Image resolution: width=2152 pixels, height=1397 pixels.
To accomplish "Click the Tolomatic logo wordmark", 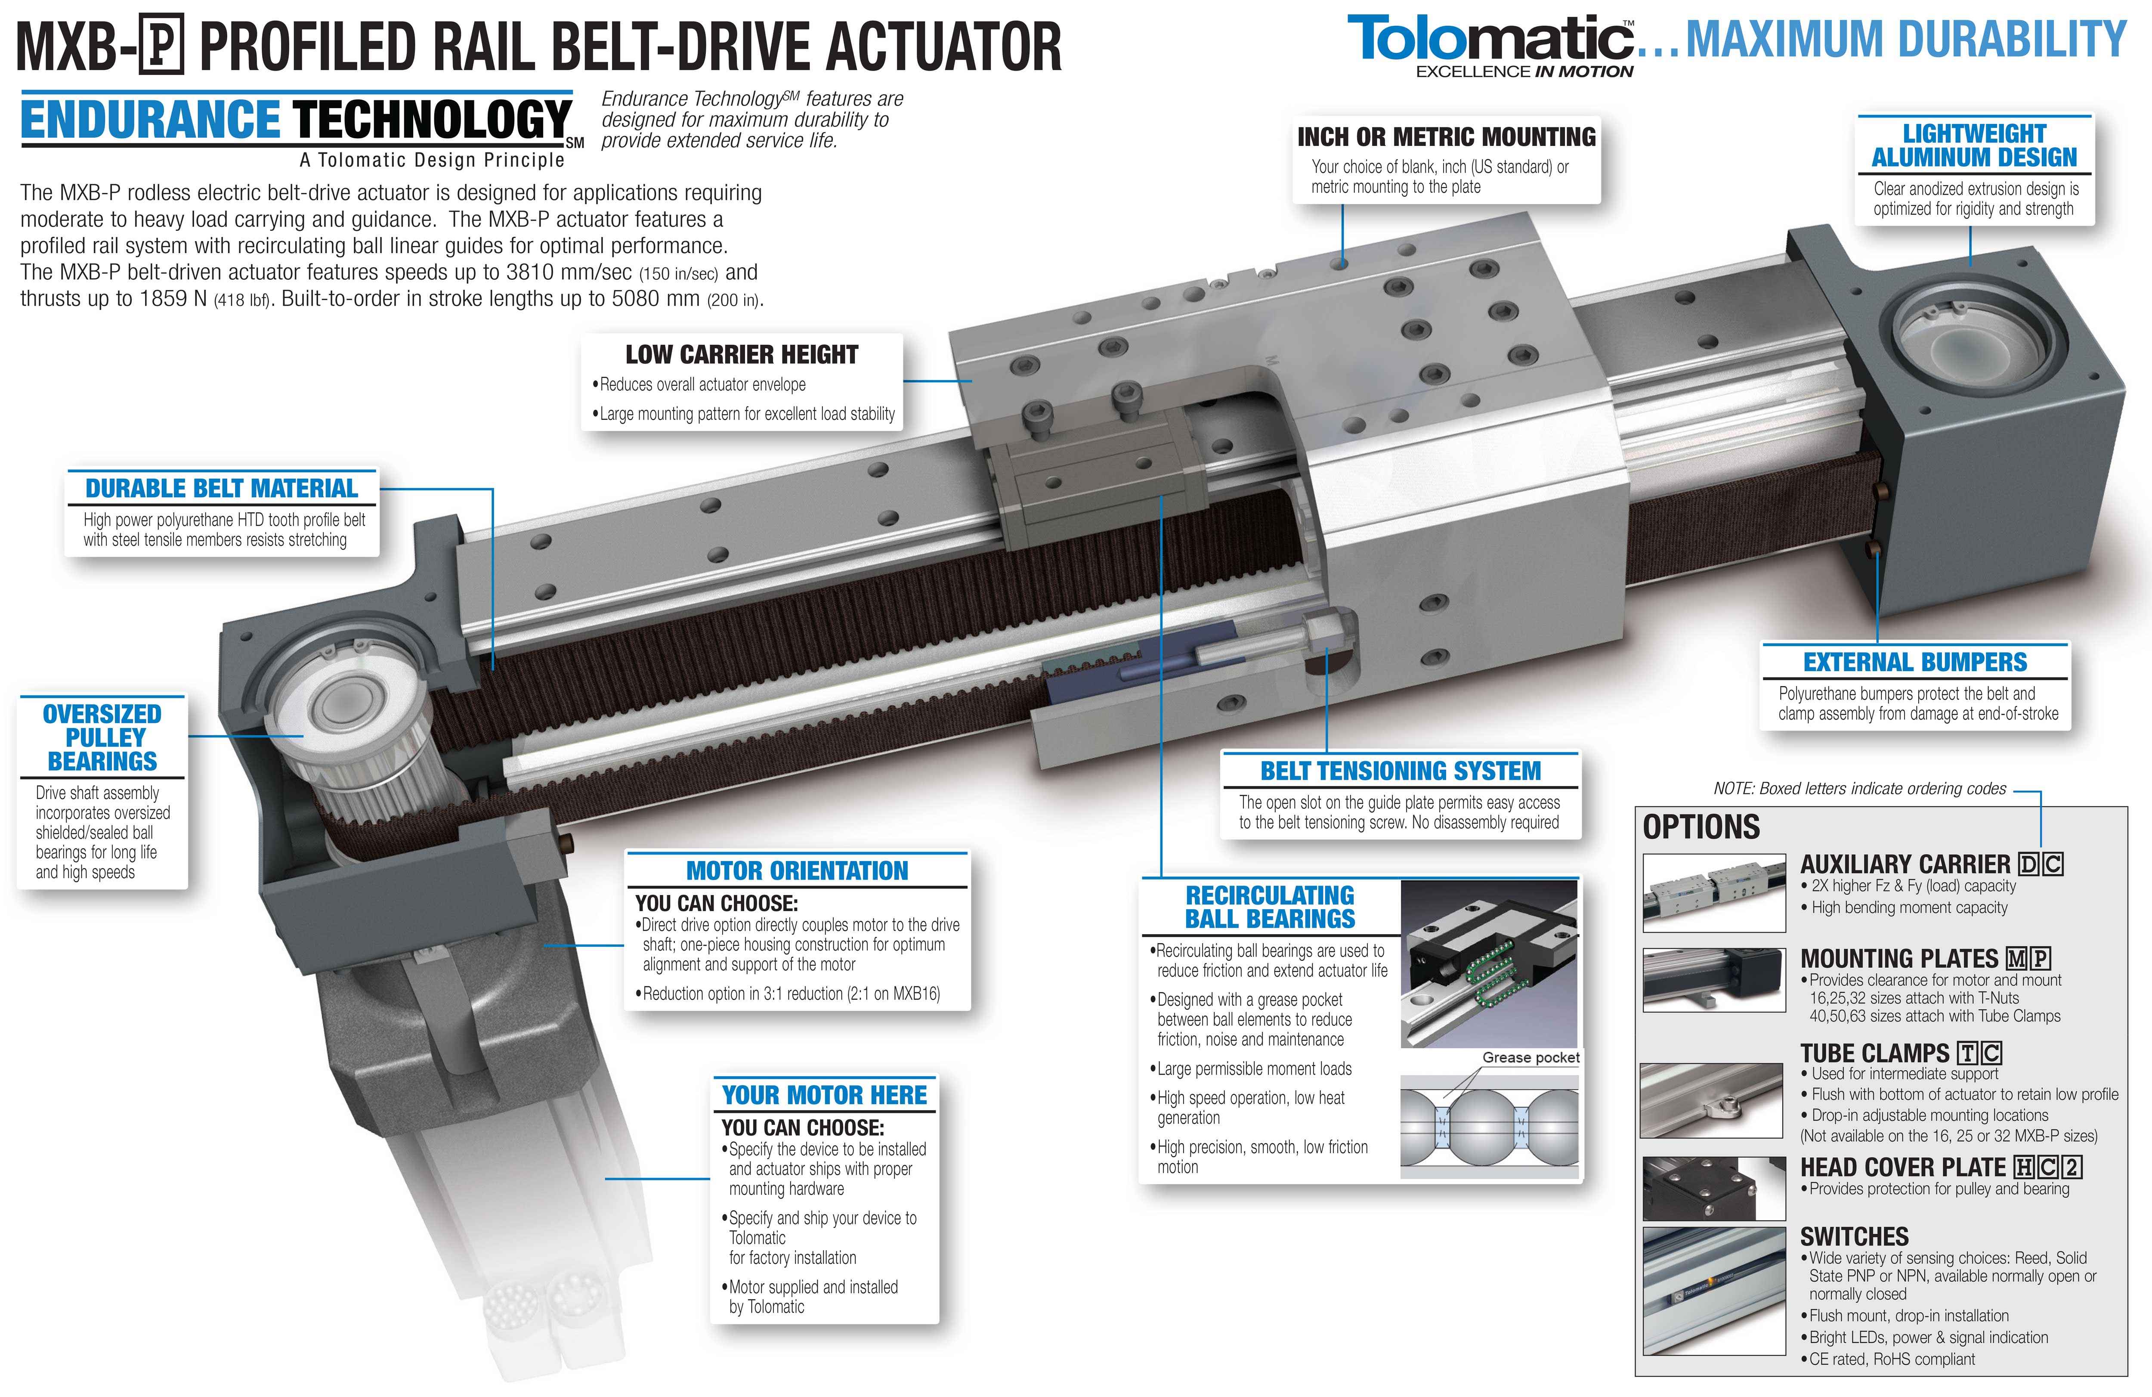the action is point(1490,39).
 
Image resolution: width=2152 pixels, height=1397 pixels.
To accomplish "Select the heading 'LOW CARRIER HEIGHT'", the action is point(742,354).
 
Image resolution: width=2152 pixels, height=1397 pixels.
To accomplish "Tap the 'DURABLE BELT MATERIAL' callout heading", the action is point(222,488).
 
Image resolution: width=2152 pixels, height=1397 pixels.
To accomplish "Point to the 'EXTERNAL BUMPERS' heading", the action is point(1915,662).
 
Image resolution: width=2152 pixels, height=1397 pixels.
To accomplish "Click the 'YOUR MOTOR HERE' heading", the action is point(825,1095).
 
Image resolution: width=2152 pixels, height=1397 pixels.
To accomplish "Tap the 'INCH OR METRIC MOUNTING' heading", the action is point(1447,136).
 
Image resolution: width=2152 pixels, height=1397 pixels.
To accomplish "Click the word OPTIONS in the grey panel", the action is point(1701,827).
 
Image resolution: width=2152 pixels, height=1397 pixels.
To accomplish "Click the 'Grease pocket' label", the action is point(1531,1057).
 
